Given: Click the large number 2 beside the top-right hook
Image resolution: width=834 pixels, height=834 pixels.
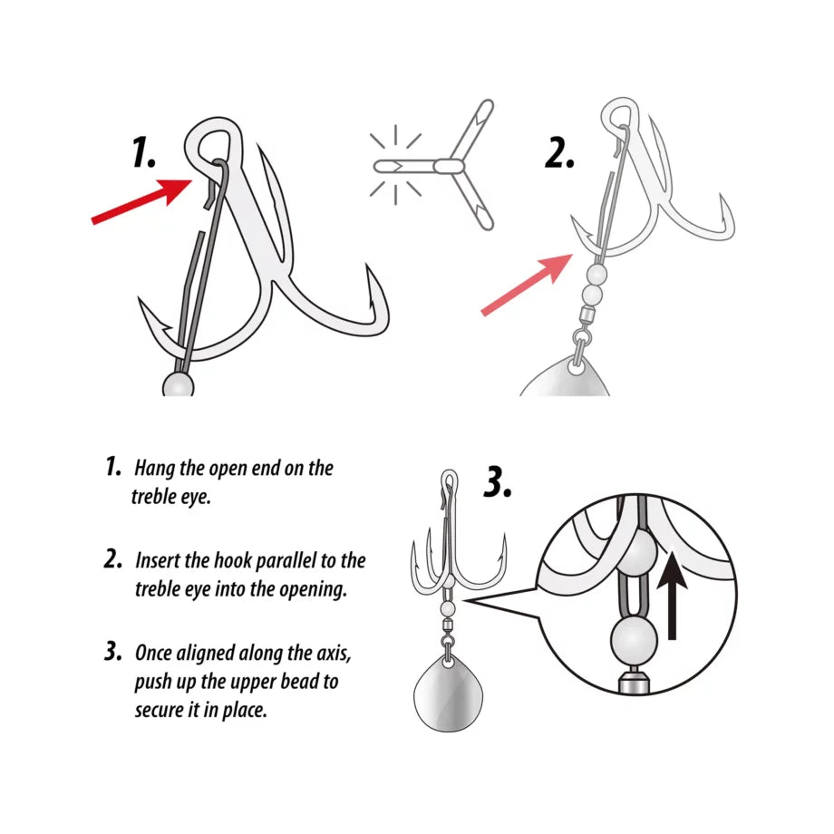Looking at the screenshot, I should (x=560, y=154).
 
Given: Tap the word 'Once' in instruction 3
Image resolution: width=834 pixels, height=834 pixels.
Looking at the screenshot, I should (x=154, y=652).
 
